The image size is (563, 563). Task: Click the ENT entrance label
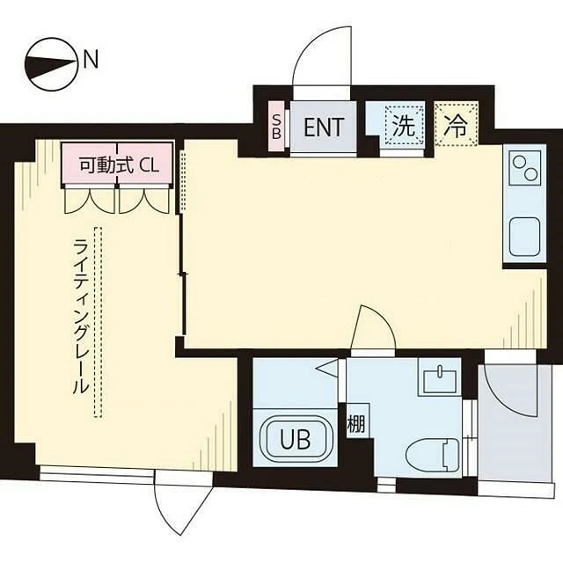(x=324, y=127)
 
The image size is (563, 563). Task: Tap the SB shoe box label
(x=276, y=127)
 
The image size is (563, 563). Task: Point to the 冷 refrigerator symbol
(x=456, y=124)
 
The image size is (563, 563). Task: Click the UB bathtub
(x=296, y=438)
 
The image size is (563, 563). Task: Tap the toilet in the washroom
(x=433, y=454)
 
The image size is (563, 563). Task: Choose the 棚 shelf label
(x=355, y=423)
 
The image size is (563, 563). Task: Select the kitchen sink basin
(x=525, y=237)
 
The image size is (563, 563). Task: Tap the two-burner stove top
(x=525, y=168)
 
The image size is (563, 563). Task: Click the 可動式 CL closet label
(x=119, y=165)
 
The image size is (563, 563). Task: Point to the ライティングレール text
(x=80, y=317)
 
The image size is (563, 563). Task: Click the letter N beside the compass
(x=91, y=59)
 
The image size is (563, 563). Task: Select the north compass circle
(x=51, y=64)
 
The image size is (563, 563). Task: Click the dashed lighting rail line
(x=98, y=322)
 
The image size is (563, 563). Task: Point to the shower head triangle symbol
(x=326, y=368)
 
